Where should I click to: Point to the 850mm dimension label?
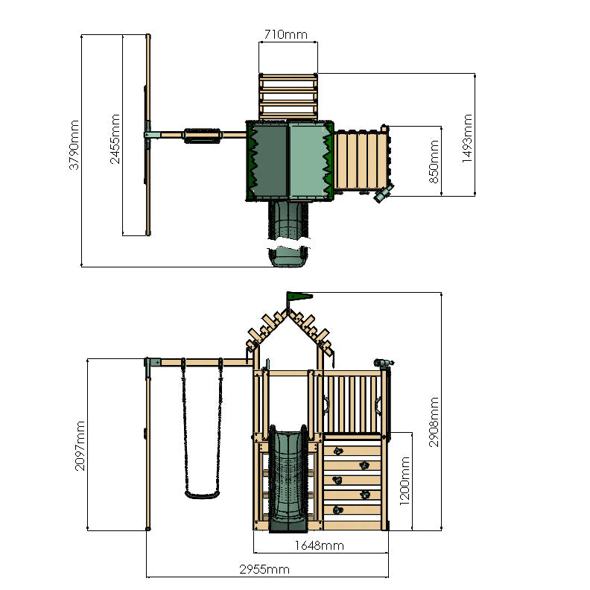434,161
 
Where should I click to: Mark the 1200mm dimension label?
404,480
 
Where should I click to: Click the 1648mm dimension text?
319,545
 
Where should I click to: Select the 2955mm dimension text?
264,570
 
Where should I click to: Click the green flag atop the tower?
299,296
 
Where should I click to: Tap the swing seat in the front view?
203,492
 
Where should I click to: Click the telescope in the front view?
382,363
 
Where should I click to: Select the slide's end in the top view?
288,257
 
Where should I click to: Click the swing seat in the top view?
201,135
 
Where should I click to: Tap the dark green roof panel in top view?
269,161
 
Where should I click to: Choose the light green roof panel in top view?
308,161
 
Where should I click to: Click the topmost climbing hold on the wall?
337,451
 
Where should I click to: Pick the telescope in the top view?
383,194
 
